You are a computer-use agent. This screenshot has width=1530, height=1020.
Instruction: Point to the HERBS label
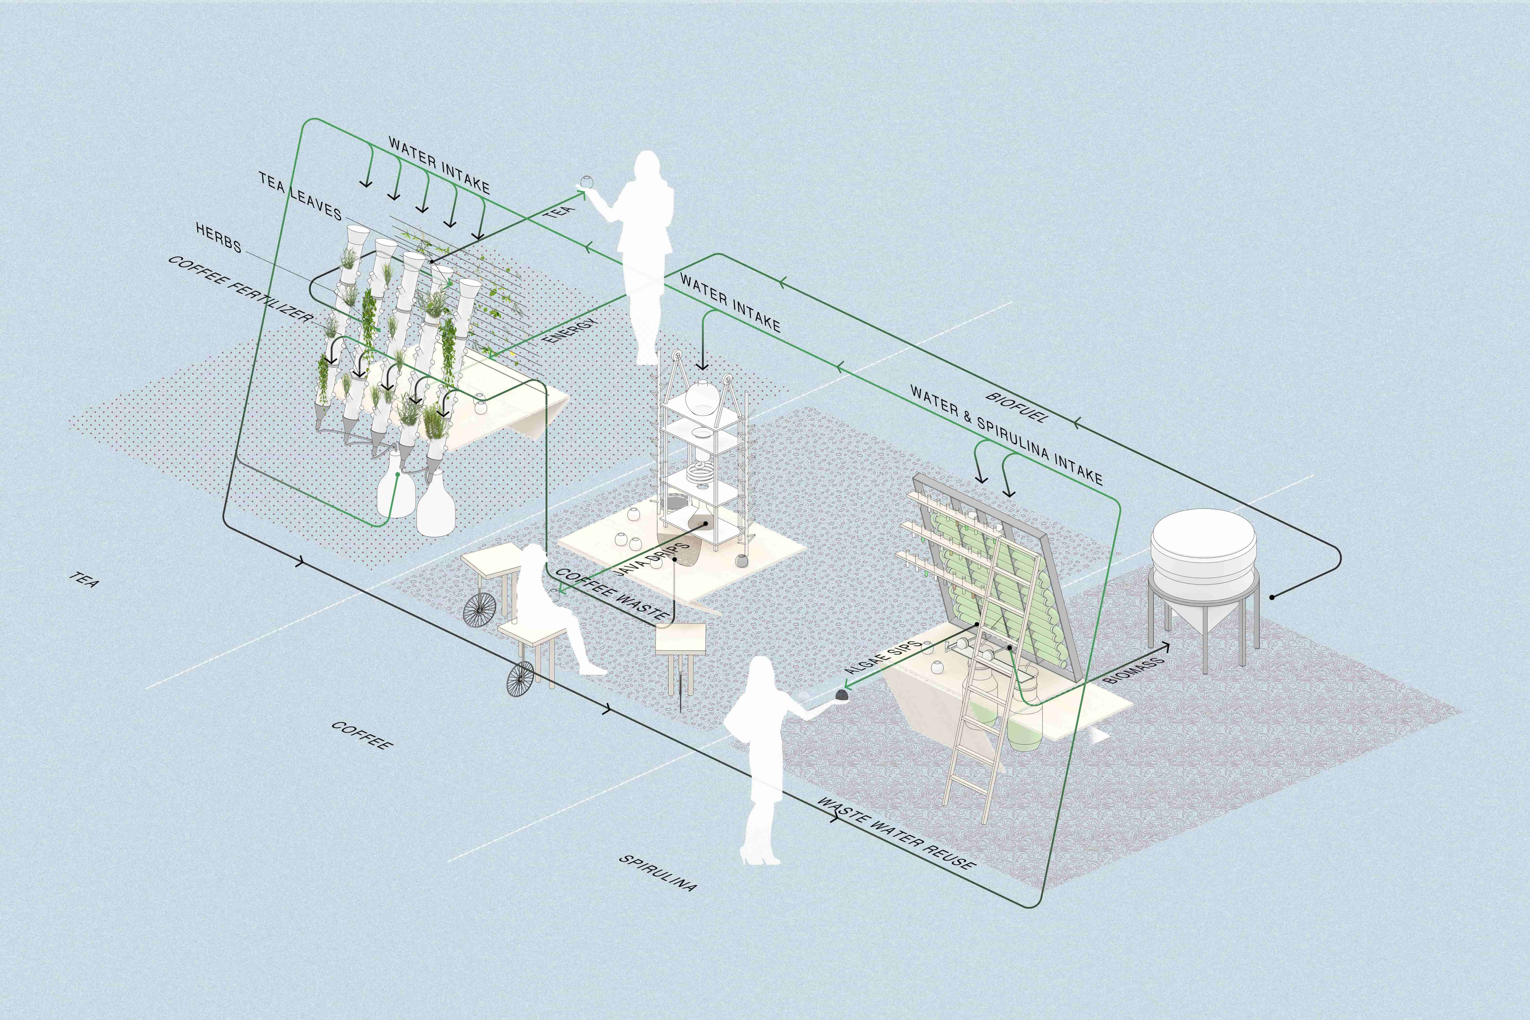click(x=219, y=238)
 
